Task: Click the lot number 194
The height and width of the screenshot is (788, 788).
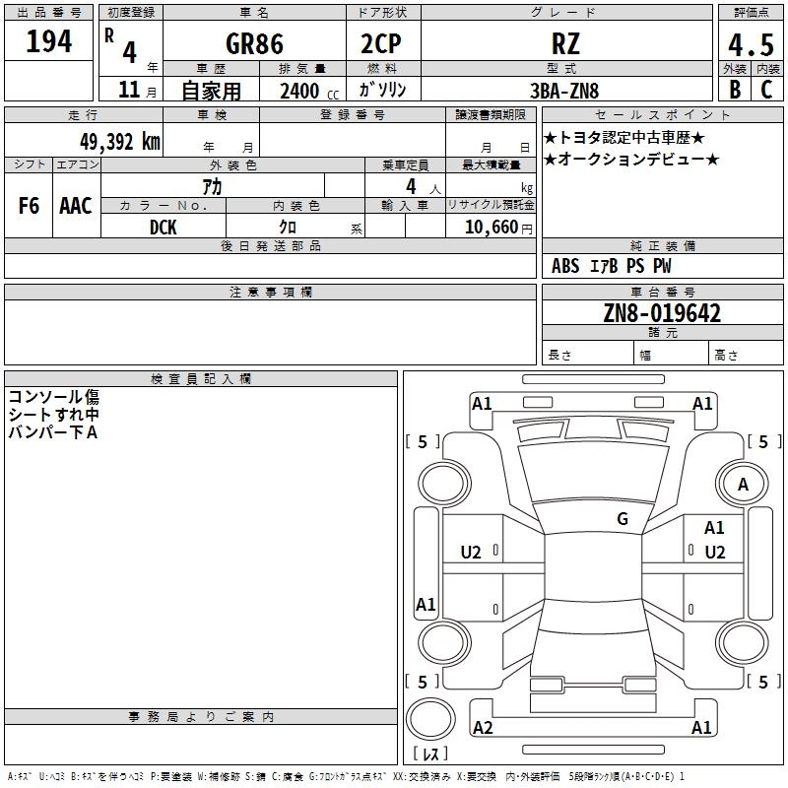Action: coord(48,41)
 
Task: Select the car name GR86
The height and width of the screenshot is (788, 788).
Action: coord(254,43)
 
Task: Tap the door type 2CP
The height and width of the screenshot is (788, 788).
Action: coord(381,43)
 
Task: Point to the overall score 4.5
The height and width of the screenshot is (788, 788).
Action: coord(751,44)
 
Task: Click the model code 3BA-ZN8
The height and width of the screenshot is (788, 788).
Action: coord(564,91)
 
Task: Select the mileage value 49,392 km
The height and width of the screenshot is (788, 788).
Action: coord(119,142)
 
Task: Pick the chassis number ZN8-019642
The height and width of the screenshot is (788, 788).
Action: coord(662,313)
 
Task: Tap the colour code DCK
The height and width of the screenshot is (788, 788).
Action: coord(164,228)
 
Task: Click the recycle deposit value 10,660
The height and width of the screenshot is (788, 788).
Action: coord(492,228)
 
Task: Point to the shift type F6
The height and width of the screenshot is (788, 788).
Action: coord(29,206)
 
